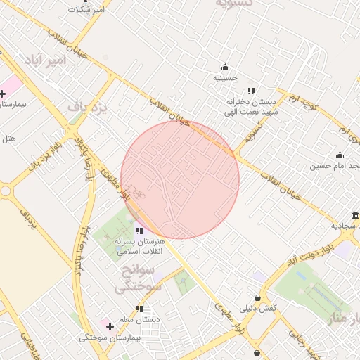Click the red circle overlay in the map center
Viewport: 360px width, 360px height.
[180, 179]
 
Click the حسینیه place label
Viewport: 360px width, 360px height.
[226, 78]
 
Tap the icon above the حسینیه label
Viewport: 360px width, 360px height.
[225, 67]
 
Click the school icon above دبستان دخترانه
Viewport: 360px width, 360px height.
[251, 91]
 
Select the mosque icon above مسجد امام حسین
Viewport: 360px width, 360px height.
[340, 155]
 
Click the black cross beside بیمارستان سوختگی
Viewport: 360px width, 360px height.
[110, 326]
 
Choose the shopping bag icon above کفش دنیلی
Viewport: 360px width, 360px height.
[258, 298]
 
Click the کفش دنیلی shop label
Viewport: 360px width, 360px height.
[258, 309]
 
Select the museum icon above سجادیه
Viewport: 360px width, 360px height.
[355, 216]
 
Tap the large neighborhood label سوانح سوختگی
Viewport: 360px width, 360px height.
[138, 278]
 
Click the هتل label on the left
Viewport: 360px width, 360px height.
[9, 139]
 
